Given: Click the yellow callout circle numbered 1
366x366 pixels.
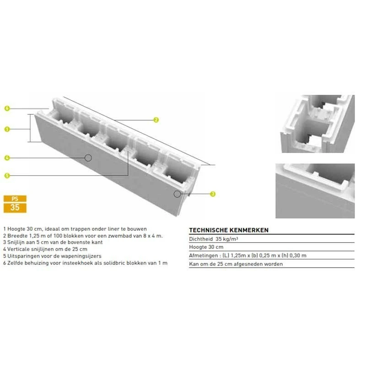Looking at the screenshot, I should pos(7,129).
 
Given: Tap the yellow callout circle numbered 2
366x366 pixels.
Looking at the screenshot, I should pos(156,120).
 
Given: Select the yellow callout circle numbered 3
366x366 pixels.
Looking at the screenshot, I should pos(213,194).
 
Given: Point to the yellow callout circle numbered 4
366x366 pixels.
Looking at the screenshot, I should pos(7,158).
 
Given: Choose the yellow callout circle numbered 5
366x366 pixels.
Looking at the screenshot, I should pos(7,175).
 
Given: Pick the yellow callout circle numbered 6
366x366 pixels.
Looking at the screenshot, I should pos(7,108).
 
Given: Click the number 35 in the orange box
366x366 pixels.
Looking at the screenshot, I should pos(15,208).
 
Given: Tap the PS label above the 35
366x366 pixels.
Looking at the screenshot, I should pos(15,199).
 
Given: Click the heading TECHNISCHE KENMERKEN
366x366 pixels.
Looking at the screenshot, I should pos(228,230).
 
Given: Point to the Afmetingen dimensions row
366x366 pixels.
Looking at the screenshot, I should pos(248,255).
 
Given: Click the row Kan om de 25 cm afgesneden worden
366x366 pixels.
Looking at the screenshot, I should pos(236,264).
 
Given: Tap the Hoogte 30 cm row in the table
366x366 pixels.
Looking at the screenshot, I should pos(204,247).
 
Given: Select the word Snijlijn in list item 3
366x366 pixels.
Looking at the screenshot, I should pos(16,242).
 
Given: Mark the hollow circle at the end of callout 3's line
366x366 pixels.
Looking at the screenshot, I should pos(177,194).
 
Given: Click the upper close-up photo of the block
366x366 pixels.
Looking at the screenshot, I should pos(317,124).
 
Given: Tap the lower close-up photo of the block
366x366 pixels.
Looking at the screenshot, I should pos(315,190).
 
